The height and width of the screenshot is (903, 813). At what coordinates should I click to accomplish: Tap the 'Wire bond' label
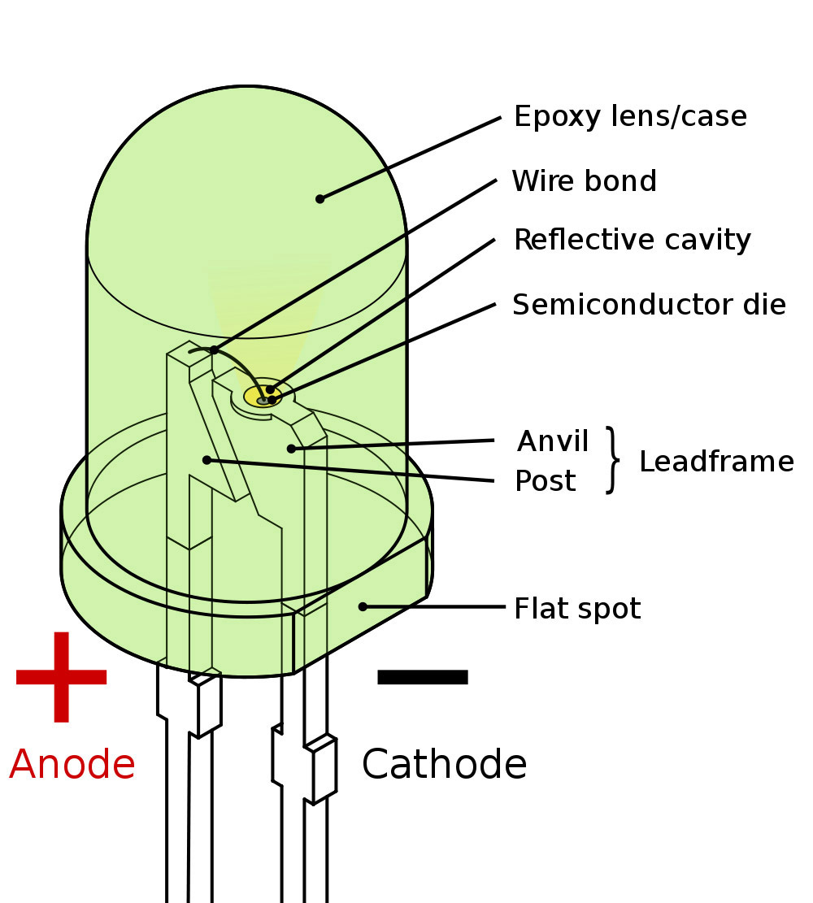[584, 181]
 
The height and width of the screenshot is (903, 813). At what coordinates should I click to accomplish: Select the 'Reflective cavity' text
[632, 241]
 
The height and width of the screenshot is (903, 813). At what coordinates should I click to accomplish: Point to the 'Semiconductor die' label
[649, 306]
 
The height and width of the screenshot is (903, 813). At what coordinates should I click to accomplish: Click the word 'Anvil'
[553, 441]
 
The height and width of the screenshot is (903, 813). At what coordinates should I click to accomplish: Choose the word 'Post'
[545, 481]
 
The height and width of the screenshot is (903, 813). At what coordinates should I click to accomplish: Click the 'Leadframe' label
[715, 462]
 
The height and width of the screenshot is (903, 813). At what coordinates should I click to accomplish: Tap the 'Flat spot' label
[577, 609]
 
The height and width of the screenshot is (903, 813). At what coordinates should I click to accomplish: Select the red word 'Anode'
[72, 765]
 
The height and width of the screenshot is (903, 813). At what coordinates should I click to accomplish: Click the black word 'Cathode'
[444, 765]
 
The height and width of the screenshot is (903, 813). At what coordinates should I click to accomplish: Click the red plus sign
[62, 676]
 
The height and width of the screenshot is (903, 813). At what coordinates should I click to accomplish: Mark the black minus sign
[423, 676]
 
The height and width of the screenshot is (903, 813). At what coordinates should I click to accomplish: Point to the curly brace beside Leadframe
[613, 460]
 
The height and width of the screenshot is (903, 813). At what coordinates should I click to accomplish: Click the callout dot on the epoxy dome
[320, 198]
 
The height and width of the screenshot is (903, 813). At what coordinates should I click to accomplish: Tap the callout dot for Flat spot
[363, 606]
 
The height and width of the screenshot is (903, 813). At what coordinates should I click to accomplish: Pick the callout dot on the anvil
[291, 449]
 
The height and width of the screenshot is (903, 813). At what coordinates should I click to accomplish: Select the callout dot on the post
[207, 460]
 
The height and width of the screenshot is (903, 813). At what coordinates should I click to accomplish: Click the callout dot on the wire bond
[214, 350]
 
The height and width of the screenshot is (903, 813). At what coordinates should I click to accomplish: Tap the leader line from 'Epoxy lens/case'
[411, 158]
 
